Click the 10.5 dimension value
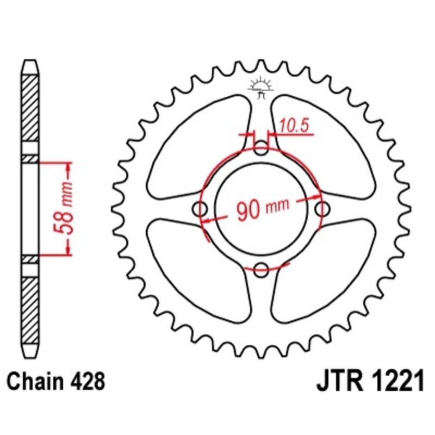click(x=294, y=126)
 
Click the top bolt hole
click(x=262, y=148)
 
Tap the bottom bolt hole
click(x=262, y=267)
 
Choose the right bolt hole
click(x=322, y=208)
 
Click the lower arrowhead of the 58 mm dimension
click(x=68, y=250)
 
